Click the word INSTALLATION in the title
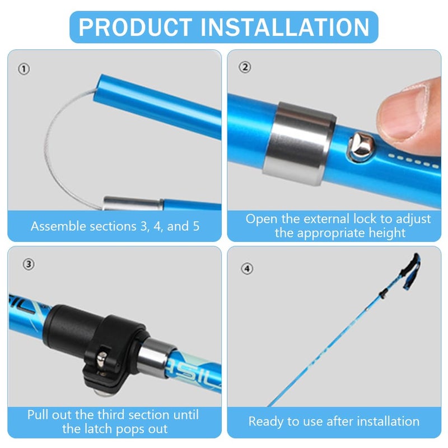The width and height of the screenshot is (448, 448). (x=291, y=27)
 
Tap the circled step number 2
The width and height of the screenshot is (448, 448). (x=245, y=68)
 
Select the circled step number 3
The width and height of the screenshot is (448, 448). (x=30, y=264)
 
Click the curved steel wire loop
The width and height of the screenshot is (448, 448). (x=62, y=146)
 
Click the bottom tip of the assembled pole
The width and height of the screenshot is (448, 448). (x=269, y=405)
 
